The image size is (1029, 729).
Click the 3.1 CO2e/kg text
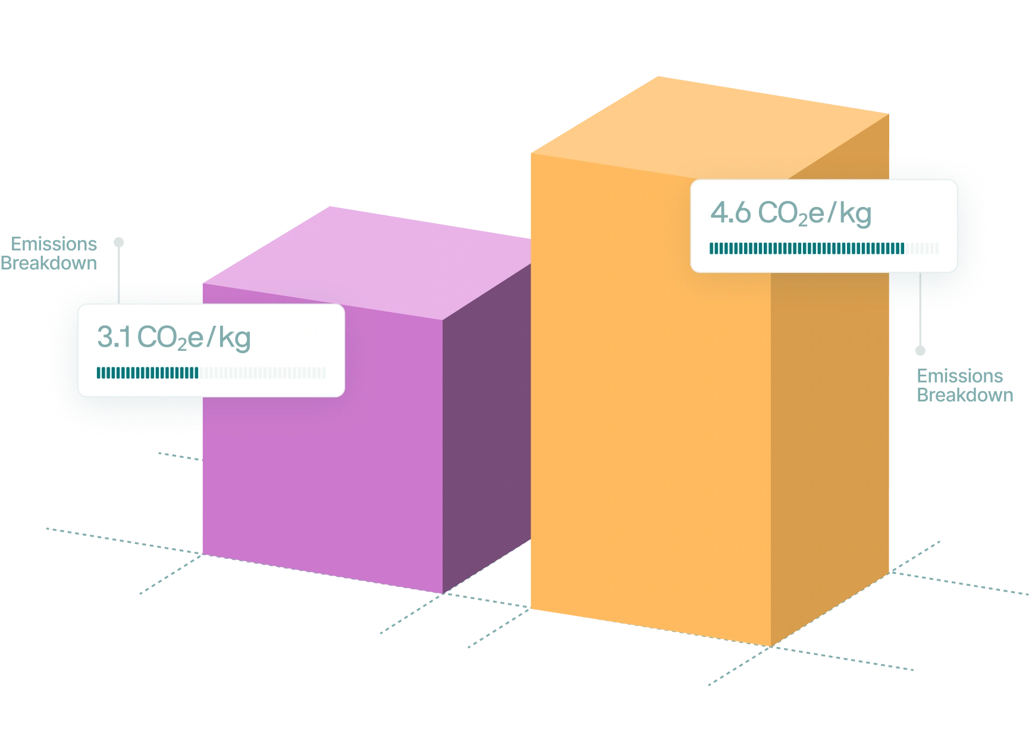pyautogui.click(x=174, y=338)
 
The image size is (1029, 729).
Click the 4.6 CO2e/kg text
pyautogui.click(x=790, y=213)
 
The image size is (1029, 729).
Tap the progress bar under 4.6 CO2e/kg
pyautogui.click(x=824, y=248)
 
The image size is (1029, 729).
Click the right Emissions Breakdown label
pyautogui.click(x=961, y=386)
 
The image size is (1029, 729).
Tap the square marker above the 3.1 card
pyautogui.click(x=120, y=242)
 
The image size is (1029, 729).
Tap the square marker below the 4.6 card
pyautogui.click(x=921, y=349)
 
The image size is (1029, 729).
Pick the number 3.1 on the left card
pyautogui.click(x=114, y=338)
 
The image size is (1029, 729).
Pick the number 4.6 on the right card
pyautogui.click(x=730, y=213)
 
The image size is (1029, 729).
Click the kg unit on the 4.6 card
pyautogui.click(x=855, y=214)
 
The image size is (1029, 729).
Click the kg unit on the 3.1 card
pyautogui.click(x=234, y=338)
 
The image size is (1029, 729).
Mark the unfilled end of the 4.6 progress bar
pyautogui.click(x=922, y=248)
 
